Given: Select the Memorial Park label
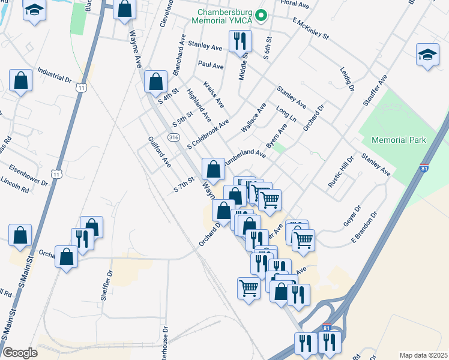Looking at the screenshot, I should point(399,140).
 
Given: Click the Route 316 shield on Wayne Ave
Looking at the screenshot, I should point(173,137).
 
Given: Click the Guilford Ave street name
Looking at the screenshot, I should point(160,152).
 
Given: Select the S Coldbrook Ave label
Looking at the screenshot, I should point(208,133).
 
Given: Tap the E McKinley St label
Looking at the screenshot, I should point(312,28).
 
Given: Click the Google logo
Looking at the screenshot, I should point(20,352).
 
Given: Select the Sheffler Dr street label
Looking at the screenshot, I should point(107,286).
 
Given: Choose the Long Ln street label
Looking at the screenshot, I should point(286,115).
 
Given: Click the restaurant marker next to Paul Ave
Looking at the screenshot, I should point(240,41).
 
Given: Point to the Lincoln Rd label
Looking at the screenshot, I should point(15,184).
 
